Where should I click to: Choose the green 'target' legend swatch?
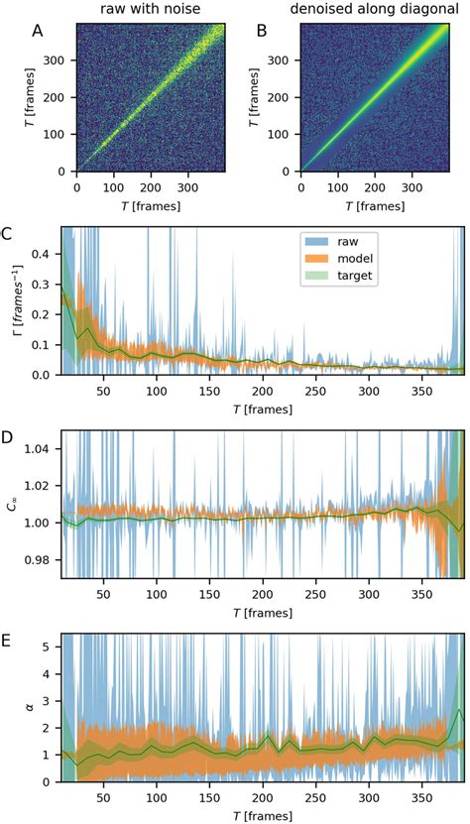pyautogui.click(x=318, y=277)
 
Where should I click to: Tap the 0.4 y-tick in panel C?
pyautogui.click(x=43, y=254)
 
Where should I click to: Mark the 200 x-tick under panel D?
pyautogui.click(x=208, y=593)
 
